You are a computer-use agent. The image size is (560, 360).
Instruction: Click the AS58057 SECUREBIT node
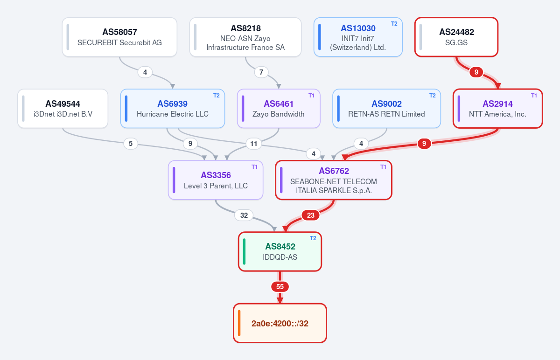coord(119,37)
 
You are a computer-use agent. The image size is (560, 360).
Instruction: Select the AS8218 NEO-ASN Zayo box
coord(245,37)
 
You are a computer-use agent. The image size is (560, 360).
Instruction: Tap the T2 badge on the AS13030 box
coord(394,24)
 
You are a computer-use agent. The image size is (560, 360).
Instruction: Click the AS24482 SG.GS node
coord(456,37)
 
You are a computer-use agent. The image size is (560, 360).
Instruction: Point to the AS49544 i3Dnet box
coord(63,109)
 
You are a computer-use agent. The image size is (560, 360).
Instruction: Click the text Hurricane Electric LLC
coord(173,114)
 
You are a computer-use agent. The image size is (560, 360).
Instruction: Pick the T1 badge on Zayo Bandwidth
coord(311,96)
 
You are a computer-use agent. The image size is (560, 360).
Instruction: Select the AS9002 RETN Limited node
coord(386,109)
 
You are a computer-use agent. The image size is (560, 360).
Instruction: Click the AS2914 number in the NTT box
coord(497,104)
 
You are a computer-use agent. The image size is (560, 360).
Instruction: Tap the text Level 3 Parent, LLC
coord(216,186)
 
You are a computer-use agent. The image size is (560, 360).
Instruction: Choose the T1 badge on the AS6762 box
coord(383,167)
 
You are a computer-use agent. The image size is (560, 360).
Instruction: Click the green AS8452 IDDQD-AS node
coord(280,251)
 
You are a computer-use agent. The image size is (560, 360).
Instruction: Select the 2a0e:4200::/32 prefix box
coord(280,323)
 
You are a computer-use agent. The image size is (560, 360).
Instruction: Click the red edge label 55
coord(280,286)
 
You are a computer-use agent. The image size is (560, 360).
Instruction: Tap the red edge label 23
coord(310,215)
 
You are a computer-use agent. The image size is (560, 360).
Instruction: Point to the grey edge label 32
coord(244,215)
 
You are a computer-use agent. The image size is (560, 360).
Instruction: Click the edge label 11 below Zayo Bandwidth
coord(253,144)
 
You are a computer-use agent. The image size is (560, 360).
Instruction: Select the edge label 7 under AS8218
coord(261,72)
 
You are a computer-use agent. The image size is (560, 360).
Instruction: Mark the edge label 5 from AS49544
coord(131,144)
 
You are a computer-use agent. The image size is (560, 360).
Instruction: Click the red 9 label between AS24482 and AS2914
coord(476,72)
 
